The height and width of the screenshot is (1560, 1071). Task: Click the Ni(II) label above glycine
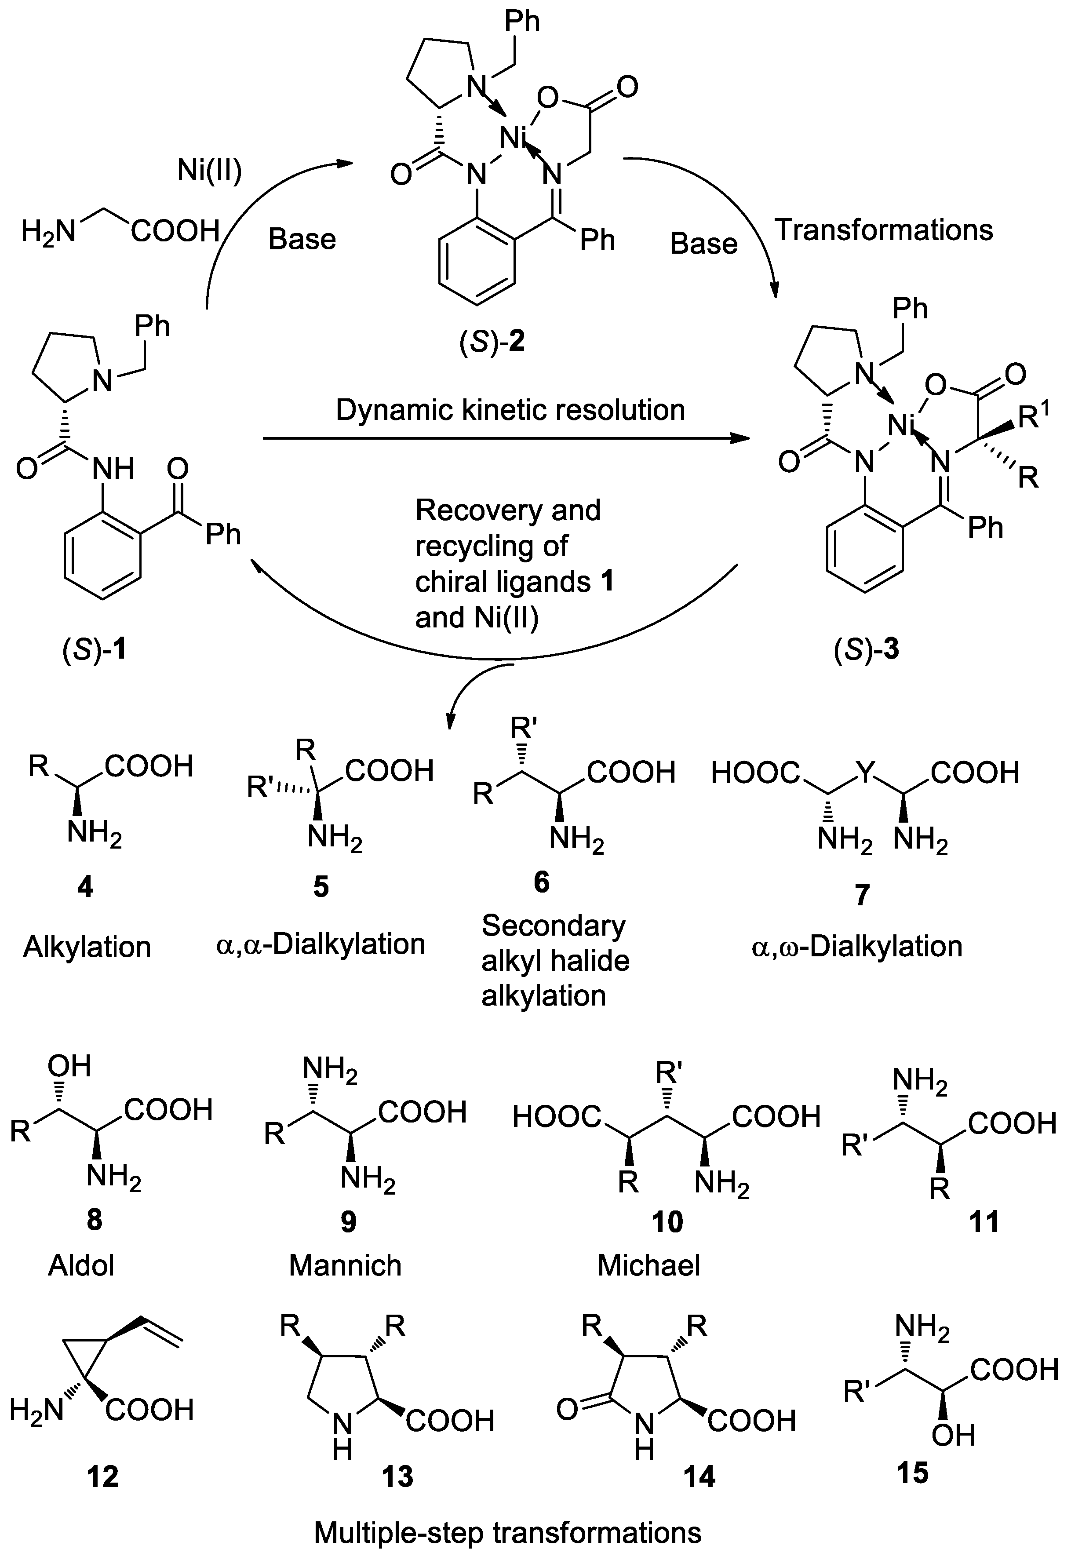(209, 171)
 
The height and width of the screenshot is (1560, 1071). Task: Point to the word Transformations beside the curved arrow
(884, 230)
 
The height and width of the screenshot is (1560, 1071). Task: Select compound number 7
(862, 895)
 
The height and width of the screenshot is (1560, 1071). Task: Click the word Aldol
(81, 1265)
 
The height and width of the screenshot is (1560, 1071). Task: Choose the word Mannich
(345, 1265)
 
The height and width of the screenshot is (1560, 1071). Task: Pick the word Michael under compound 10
(648, 1265)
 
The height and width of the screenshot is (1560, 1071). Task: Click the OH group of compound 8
(69, 1066)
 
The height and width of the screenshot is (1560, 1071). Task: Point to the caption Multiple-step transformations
(507, 1534)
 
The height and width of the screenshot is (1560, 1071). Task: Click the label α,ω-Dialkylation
(856, 947)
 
